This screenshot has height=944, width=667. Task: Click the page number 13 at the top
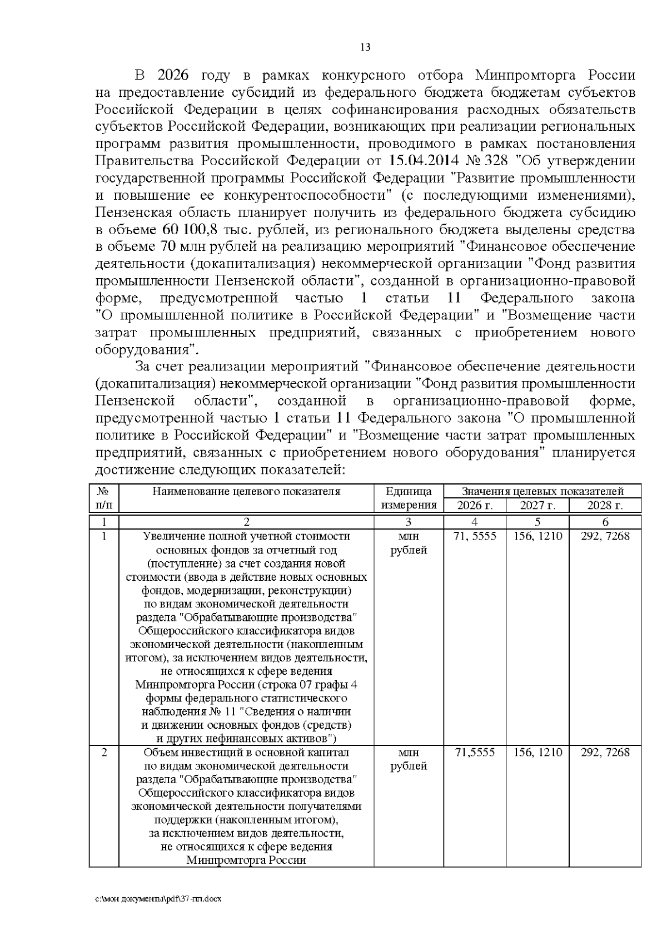pyautogui.click(x=365, y=47)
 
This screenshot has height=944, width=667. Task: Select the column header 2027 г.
pyautogui.click(x=537, y=505)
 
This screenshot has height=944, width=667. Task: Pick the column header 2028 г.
pyautogui.click(x=605, y=505)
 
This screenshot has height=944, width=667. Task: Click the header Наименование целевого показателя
pyautogui.click(x=246, y=491)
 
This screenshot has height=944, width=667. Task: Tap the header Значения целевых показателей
pyautogui.click(x=542, y=491)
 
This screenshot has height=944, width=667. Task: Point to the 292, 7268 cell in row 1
pyautogui.click(x=605, y=536)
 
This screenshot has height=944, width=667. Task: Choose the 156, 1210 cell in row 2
pyautogui.click(x=537, y=753)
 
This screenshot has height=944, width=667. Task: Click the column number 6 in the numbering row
pyautogui.click(x=605, y=522)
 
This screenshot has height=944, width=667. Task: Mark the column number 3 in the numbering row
pyautogui.click(x=409, y=522)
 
